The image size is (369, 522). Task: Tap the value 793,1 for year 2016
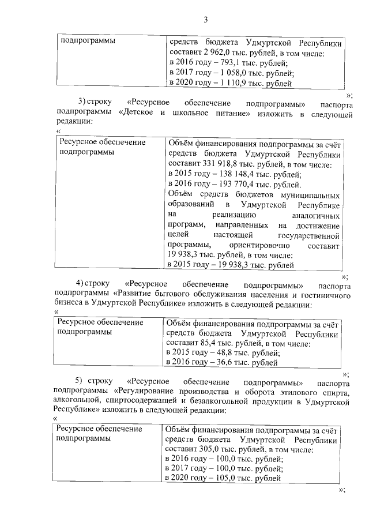[225, 63]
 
